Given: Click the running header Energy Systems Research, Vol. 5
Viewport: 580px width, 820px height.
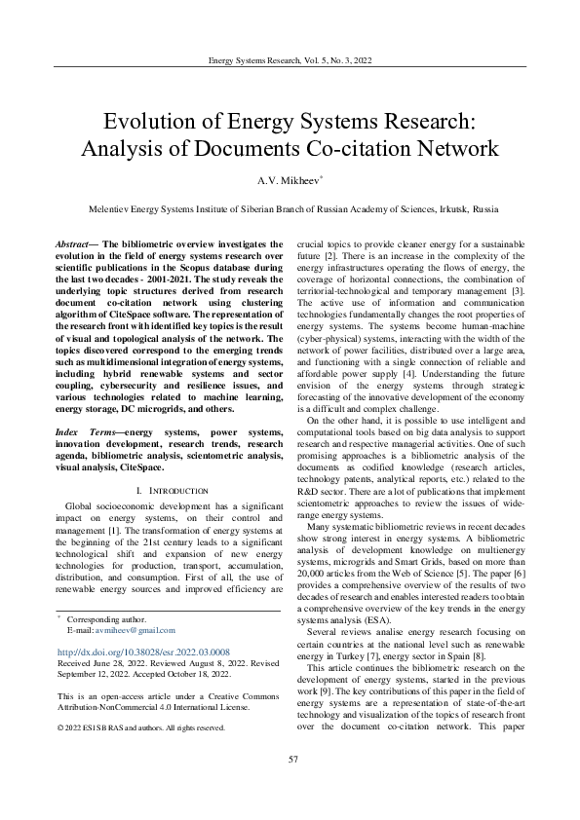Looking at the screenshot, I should (x=290, y=60).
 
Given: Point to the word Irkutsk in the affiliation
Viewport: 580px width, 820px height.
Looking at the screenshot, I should (x=449, y=208).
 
